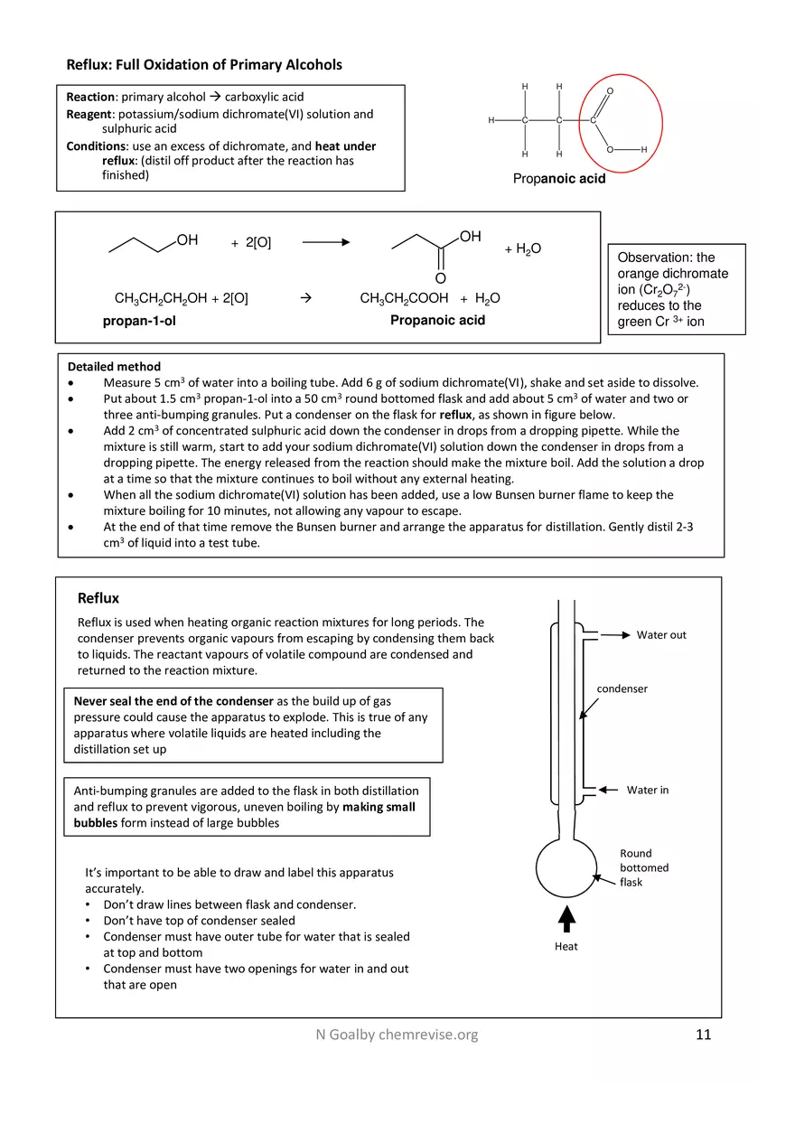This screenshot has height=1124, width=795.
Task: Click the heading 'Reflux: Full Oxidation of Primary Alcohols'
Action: (204, 65)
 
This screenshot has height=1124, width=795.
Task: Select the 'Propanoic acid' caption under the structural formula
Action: (559, 179)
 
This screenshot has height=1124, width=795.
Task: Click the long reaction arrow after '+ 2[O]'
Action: (325, 242)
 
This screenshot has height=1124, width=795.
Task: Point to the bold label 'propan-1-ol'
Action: (139, 321)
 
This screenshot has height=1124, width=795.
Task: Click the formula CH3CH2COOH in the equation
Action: (404, 299)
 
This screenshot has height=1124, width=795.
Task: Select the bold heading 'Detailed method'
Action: (114, 367)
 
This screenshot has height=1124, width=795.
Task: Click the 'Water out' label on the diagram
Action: (661, 635)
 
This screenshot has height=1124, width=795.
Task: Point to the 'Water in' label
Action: (648, 790)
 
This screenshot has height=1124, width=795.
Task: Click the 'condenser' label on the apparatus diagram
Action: (622, 688)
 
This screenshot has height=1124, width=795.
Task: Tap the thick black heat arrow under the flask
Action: (566, 918)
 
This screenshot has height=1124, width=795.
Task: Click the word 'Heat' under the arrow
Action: (566, 947)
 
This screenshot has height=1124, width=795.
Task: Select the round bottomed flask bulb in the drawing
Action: (566, 866)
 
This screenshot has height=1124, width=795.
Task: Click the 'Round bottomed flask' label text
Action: (643, 867)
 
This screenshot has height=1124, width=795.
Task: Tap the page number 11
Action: (704, 1035)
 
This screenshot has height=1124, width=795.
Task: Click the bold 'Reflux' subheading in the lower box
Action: (98, 598)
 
